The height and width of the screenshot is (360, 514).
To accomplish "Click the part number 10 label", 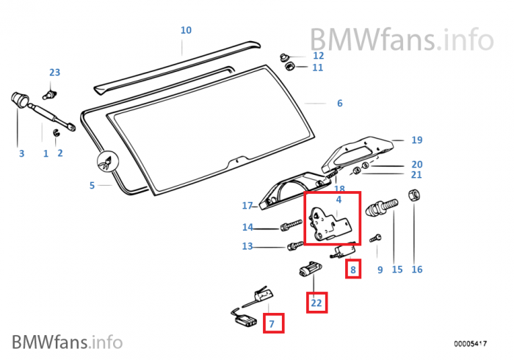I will [186, 30].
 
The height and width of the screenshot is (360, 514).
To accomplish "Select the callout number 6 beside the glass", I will [339, 104].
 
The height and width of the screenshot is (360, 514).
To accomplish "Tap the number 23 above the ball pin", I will [55, 73].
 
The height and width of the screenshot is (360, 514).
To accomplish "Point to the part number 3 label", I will [21, 154].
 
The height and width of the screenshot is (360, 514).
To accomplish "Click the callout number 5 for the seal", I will [92, 185].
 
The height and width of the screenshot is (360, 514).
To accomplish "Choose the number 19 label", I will [417, 140].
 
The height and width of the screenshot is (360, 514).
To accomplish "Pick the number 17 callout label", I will [247, 206].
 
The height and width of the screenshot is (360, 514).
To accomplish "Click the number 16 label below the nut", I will [417, 270].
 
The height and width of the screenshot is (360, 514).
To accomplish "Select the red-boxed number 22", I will [316, 302].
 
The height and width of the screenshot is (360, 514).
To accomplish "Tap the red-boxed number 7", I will [271, 323].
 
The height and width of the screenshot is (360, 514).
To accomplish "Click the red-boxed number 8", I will [353, 270].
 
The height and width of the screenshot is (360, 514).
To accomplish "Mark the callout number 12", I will [318, 56].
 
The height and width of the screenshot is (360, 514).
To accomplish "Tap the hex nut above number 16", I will [414, 197].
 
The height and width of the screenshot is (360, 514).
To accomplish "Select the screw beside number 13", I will [293, 245].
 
